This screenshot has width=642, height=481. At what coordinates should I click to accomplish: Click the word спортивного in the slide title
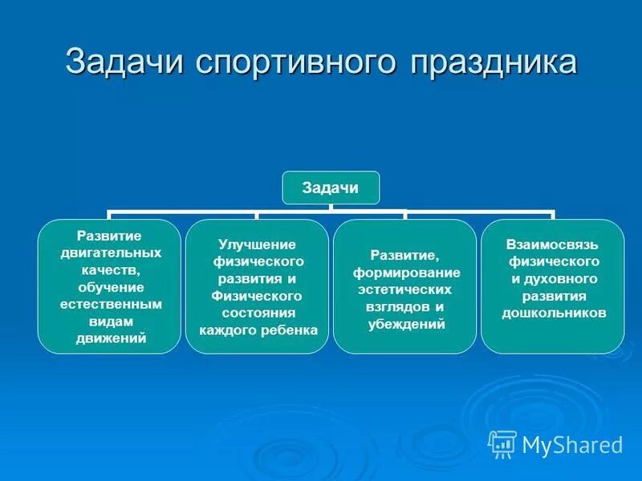point(304,63)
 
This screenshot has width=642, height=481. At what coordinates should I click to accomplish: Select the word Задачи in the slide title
point(129,63)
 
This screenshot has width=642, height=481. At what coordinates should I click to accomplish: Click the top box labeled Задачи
point(330,188)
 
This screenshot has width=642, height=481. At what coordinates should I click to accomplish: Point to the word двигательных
point(111,253)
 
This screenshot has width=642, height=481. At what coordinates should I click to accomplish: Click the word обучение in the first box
point(111,287)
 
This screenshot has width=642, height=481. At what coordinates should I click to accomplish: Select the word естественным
point(111,304)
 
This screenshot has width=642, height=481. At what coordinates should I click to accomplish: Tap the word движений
point(111,338)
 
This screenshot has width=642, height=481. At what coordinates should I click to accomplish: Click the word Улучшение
point(257,244)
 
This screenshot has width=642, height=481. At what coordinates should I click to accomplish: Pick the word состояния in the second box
point(257,313)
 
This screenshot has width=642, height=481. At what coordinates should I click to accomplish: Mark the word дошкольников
point(554,313)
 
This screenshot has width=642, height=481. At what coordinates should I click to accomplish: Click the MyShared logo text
point(571,444)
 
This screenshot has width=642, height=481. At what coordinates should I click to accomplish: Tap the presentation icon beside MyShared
point(502,443)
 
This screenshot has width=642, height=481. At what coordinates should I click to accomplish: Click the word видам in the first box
point(111,321)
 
